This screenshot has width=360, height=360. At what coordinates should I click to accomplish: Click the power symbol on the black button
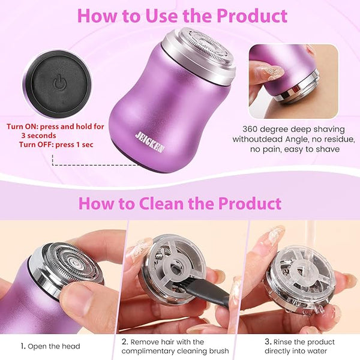(x=59, y=83)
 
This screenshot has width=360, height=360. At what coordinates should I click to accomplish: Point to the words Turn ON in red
(x=22, y=127)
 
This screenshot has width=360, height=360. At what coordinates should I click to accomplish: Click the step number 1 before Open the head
(x=23, y=346)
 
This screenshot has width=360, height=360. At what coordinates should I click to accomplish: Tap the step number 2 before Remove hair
(x=125, y=341)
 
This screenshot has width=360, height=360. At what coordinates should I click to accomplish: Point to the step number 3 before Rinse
(x=268, y=341)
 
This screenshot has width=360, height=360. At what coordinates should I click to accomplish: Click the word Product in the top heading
(x=252, y=16)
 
